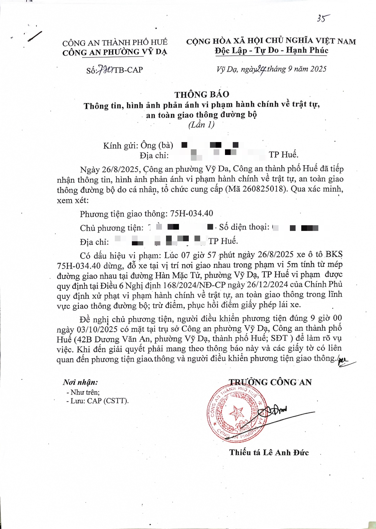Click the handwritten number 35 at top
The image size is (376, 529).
(322, 18)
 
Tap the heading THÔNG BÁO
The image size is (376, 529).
(201, 95)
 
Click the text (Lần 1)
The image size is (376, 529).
(201, 125)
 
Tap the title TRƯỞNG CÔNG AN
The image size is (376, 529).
(270, 382)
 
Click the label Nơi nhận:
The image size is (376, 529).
(80, 382)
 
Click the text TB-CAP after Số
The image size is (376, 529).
(128, 70)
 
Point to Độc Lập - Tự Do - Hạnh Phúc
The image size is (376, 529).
(271, 51)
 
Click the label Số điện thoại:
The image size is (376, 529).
(243, 227)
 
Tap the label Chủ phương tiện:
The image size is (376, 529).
(111, 228)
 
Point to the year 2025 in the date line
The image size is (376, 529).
(318, 69)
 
